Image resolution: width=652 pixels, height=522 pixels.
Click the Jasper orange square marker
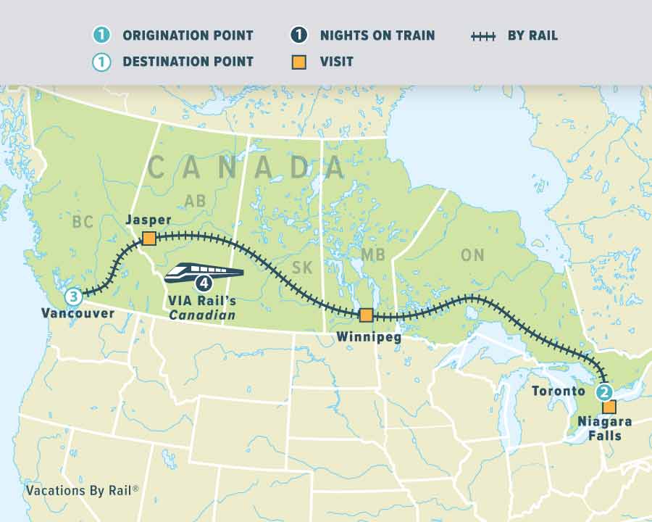[x=149, y=239]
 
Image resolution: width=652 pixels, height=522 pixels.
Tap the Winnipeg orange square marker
[x=366, y=315]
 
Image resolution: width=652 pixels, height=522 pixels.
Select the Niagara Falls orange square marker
[x=609, y=407]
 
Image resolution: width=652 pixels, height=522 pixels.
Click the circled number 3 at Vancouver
[x=73, y=296]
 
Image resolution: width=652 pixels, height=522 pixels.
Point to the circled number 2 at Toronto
[x=604, y=392]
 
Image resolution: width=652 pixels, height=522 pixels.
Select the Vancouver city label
[x=78, y=313]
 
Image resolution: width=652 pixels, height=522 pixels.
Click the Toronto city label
[x=558, y=391]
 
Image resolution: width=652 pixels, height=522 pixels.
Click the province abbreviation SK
[x=302, y=268]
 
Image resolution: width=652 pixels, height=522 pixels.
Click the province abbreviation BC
[x=83, y=221]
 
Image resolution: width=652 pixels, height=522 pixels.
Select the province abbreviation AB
[x=196, y=202]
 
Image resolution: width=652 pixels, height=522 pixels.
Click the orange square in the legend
[x=298, y=62]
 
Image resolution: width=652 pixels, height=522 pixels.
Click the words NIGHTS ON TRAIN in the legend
[x=377, y=36]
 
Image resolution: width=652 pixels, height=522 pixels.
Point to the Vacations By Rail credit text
[x=82, y=490]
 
